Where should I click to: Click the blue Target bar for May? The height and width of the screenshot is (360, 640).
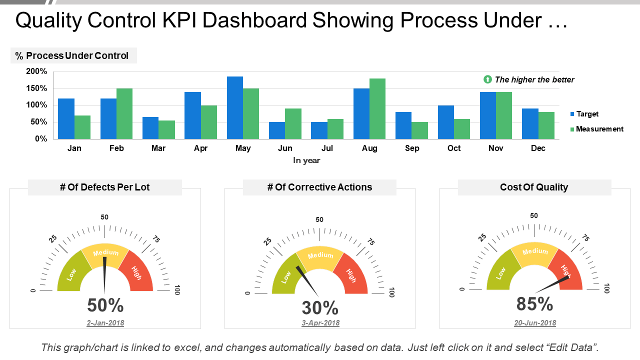tap(235, 107)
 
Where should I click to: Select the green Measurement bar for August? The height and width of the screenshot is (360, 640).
tap(377, 109)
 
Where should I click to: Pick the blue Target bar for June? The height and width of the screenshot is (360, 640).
tap(277, 130)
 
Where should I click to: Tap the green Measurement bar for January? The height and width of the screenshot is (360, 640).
tap(82, 127)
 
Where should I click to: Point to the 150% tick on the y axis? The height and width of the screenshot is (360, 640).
tap(36, 88)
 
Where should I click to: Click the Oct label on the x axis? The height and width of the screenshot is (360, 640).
tap(454, 148)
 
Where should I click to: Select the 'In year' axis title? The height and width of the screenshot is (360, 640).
tap(306, 160)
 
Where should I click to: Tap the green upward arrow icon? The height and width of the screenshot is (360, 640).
tap(487, 79)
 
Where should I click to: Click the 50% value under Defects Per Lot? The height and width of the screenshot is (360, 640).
tap(105, 305)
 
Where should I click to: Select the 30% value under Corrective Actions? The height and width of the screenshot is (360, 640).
tap(320, 307)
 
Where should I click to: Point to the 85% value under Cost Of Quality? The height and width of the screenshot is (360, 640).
tap(534, 304)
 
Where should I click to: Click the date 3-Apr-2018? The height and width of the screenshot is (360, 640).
tap(320, 323)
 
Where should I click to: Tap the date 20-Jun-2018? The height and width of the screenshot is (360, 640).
tap(535, 323)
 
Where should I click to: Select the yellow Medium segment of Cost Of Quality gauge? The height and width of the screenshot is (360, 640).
tap(534, 253)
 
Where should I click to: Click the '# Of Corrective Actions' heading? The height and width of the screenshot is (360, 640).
tap(319, 187)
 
